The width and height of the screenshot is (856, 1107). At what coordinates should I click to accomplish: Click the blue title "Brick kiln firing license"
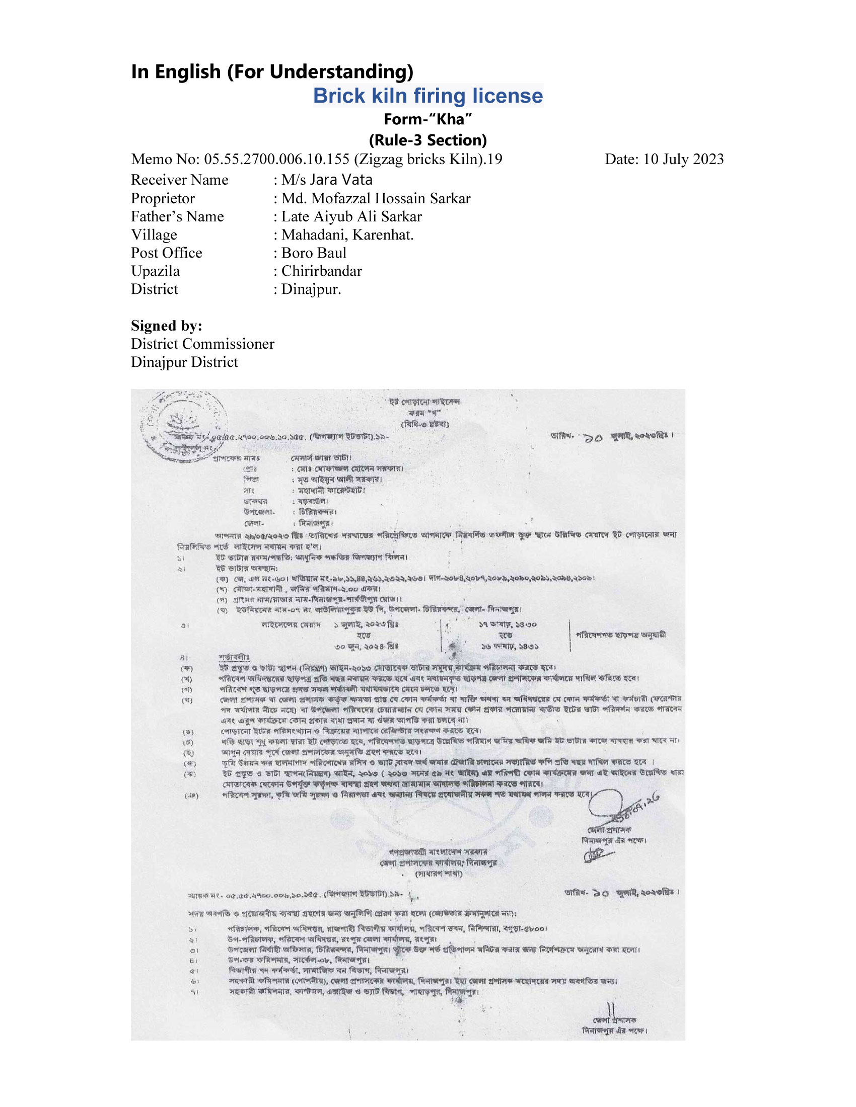pyautogui.click(x=427, y=96)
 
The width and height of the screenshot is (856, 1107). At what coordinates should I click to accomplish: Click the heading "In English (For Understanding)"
pyautogui.click(x=272, y=71)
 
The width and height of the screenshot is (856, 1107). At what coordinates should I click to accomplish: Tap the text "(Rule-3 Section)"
pyautogui.click(x=427, y=140)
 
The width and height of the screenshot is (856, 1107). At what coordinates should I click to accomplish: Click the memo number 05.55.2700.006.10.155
pyautogui.click(x=276, y=159)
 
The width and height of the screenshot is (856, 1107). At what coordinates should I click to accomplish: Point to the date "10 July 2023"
pyautogui.click(x=683, y=159)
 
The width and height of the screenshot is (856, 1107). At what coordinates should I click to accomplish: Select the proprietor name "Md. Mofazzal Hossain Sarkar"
pyautogui.click(x=375, y=198)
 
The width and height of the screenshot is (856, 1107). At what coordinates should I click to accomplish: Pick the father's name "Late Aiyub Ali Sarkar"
pyautogui.click(x=351, y=216)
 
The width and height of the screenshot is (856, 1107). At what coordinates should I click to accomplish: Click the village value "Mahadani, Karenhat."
pyautogui.click(x=347, y=234)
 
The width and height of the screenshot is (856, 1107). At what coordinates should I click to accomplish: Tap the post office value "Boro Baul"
pyautogui.click(x=313, y=253)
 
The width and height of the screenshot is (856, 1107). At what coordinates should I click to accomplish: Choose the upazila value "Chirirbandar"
pyautogui.click(x=322, y=271)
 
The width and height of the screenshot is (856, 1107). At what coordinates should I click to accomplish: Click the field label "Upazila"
pyautogui.click(x=155, y=271)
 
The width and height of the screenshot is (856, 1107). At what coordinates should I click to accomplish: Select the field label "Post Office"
pyautogui.click(x=166, y=253)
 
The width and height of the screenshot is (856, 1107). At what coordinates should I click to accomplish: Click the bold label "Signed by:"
pyautogui.click(x=166, y=326)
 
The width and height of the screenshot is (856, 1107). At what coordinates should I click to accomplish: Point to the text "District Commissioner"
pyautogui.click(x=202, y=344)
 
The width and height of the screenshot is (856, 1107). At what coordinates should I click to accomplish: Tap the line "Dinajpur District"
pyautogui.click(x=184, y=362)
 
